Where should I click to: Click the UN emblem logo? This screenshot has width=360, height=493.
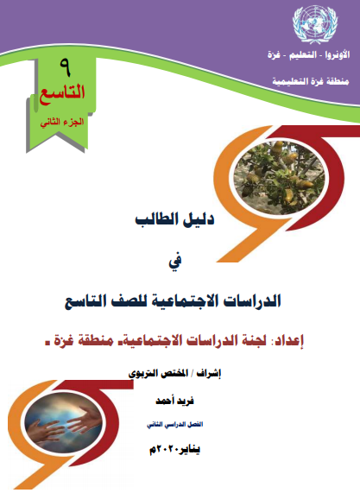click(315, 24)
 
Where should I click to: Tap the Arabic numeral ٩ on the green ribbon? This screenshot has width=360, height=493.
click(66, 68)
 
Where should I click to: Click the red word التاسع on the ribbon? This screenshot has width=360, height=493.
click(62, 93)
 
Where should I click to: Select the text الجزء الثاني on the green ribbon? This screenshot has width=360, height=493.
click(62, 122)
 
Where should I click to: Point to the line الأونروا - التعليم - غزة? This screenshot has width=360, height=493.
click(308, 55)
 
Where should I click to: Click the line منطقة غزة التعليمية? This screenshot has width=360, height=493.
click(311, 82)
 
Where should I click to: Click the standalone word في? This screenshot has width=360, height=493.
click(175, 261)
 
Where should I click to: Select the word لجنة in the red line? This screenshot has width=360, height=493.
click(251, 341)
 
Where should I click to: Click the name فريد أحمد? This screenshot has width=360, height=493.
click(174, 401)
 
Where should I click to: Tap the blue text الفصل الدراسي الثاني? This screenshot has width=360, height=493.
click(174, 425)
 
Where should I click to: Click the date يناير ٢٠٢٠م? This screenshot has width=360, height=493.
click(174, 450)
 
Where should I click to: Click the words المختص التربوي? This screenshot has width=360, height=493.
click(158, 373)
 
